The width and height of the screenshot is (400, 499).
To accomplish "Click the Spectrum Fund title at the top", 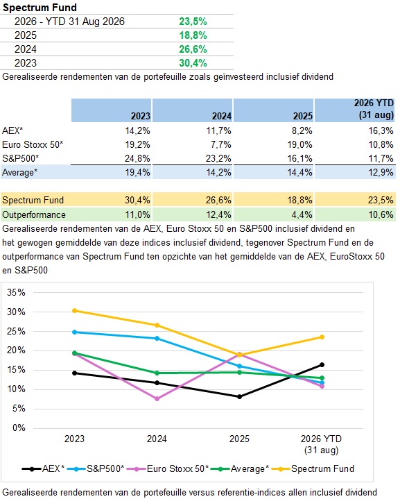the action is [x=40, y=8].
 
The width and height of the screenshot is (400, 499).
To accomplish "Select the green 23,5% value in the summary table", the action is [x=193, y=22].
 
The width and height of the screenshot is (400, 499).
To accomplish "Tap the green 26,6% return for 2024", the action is [x=193, y=49].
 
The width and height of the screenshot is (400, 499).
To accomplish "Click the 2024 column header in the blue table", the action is [x=222, y=116].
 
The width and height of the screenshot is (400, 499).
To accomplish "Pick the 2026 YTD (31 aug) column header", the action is [x=374, y=109].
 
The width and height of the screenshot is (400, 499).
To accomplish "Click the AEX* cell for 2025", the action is [x=299, y=130].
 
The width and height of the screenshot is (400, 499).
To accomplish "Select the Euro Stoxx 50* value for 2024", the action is [x=220, y=144].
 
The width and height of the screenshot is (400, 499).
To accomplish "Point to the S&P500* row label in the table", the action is [x=20, y=158].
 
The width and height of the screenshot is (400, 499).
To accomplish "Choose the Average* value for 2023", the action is [x=137, y=173].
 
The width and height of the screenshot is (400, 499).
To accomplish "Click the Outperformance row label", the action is [x=34, y=215].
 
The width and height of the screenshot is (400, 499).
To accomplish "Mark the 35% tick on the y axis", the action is [x=16, y=292].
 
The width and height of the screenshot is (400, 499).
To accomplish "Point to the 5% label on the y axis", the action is [x=19, y=409].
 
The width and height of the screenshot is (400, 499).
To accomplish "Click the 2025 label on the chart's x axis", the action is [x=239, y=439].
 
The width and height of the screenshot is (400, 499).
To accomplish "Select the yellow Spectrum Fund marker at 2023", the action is [x=74, y=311].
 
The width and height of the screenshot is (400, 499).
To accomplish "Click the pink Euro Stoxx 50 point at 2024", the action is [x=157, y=399].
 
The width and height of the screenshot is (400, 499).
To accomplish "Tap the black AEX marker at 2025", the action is [x=240, y=397].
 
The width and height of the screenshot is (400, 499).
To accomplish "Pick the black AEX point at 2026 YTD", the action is [x=322, y=364].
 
